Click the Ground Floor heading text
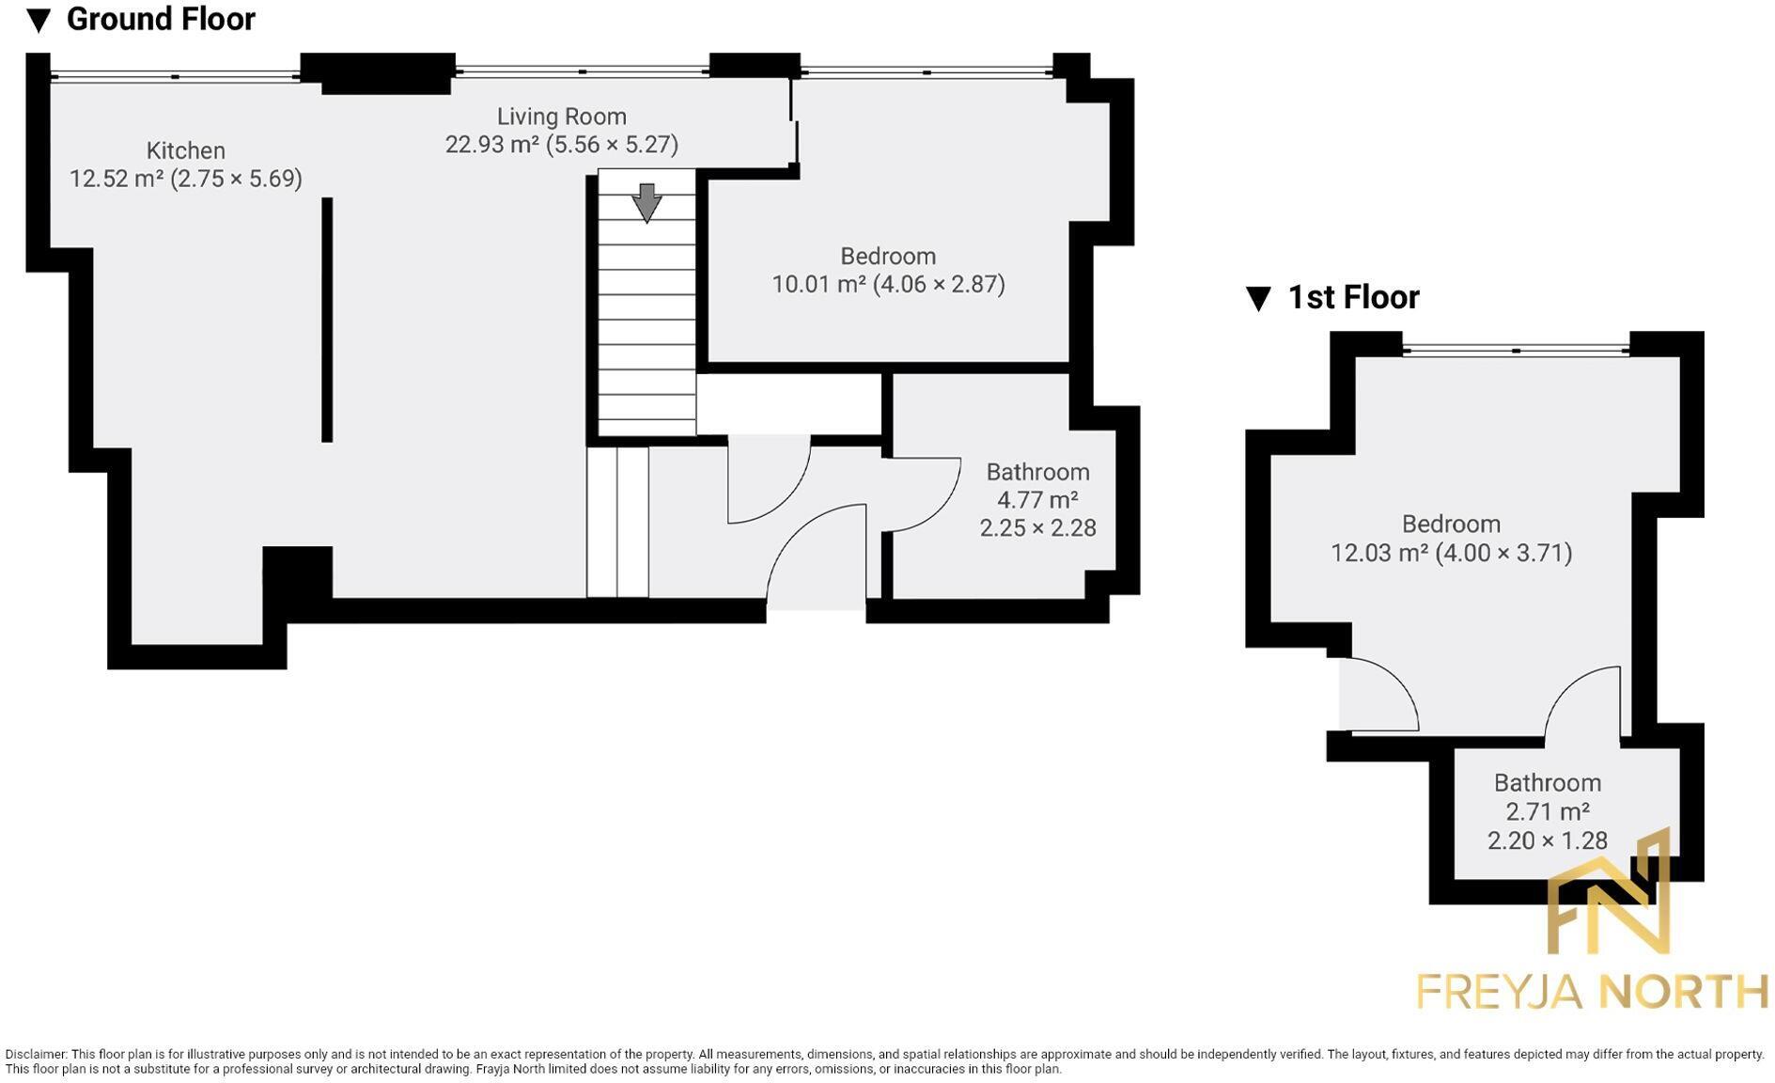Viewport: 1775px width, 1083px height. click(161, 19)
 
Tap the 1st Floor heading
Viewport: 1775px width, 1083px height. click(1352, 297)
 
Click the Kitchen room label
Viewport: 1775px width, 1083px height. click(185, 150)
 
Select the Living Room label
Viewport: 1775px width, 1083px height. click(561, 117)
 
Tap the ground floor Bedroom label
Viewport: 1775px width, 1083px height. click(887, 256)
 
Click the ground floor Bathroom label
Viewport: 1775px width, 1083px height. click(1037, 472)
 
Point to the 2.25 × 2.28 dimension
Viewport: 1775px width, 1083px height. click(1037, 528)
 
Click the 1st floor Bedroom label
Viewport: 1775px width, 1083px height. click(1451, 524)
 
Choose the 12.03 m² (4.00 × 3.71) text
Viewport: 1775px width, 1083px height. click(1451, 553)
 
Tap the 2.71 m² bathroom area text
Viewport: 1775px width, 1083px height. click(1547, 811)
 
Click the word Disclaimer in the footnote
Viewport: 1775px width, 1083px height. click(35, 1055)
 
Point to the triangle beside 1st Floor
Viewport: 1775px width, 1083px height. click(1257, 298)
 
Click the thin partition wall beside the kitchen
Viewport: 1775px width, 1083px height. click(327, 320)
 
